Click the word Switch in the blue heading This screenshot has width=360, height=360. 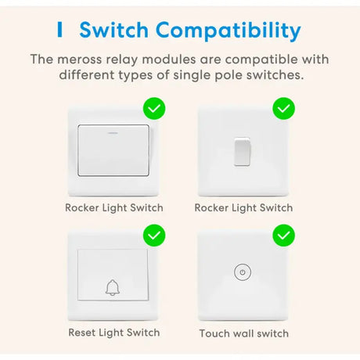pos(114,30)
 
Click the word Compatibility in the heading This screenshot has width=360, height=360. pos(229,31)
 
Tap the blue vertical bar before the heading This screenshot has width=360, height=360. pos(59,30)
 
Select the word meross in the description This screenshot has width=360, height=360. pos(79,59)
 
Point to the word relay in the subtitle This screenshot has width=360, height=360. pos(121,59)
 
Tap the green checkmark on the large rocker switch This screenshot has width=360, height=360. pos(154,109)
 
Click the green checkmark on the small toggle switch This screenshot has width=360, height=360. pos(284,109)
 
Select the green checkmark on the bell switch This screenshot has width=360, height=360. pos(154,236)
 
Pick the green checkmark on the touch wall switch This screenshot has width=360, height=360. pos(284,236)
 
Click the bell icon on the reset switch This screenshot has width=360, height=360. pos(113,288)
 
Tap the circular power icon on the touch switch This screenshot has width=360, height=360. pos(243,272)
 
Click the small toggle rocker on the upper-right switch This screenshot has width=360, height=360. pos(242,151)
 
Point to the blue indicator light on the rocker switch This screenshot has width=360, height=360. pos(113,133)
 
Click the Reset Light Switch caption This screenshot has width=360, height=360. pos(114,333)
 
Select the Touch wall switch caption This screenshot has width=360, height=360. pos(244,333)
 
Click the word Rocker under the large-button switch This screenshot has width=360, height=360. pos(81,208)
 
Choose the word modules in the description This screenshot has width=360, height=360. pos(169,59)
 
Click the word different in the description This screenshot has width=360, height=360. pos(87,75)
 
